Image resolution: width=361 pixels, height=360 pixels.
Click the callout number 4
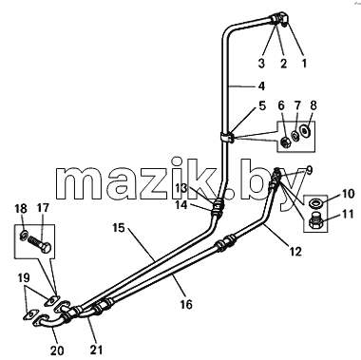[x=261, y=86]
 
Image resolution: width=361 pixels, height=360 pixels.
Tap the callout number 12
[x=295, y=251]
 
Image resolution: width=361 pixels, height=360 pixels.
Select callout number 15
[x=119, y=228]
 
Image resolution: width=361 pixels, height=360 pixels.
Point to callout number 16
[x=186, y=305]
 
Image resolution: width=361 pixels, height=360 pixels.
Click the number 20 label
[x=57, y=351]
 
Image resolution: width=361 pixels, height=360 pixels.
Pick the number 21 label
[x=96, y=350]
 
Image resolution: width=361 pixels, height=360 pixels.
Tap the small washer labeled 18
[x=24, y=236]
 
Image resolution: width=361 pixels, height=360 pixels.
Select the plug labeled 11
[x=313, y=221]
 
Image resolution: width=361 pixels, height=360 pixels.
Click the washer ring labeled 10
[x=313, y=202]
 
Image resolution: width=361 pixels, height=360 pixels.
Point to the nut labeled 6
[x=286, y=142]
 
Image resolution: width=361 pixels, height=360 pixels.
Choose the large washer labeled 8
[x=305, y=130]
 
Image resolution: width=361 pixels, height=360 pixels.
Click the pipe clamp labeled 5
[x=227, y=137]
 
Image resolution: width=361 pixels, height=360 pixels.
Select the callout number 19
[x=24, y=277]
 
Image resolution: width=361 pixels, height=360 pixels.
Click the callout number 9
[x=309, y=170]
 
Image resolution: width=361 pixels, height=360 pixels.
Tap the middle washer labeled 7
[x=295, y=136]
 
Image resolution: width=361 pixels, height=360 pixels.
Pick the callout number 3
[x=261, y=63]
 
